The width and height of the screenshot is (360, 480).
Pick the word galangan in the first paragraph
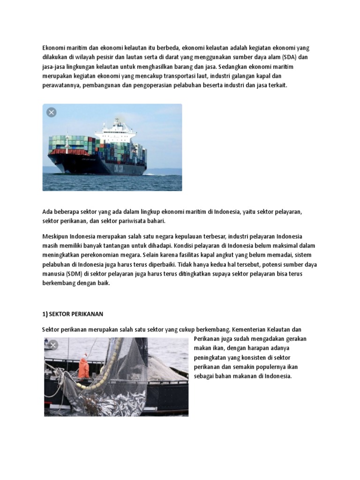(x=253, y=76)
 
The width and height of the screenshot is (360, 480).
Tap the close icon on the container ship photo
(x=52, y=112)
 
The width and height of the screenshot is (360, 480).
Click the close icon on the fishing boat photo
(x=53, y=345)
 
